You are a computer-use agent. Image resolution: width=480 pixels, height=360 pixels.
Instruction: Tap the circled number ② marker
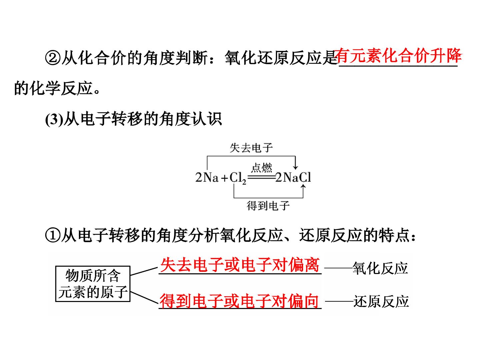[x=53, y=58]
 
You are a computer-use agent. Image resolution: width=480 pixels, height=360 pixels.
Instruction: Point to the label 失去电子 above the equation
[x=251, y=148]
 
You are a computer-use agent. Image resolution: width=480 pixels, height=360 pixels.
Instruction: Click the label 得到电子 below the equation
[x=268, y=206]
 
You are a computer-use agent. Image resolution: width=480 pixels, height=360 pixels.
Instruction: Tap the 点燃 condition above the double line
[x=262, y=168]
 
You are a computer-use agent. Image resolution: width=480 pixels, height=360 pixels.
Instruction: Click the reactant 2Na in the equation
[x=207, y=177]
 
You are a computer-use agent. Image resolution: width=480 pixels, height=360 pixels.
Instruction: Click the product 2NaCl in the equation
[x=293, y=177]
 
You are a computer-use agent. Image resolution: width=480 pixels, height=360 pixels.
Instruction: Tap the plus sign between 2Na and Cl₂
[x=224, y=178]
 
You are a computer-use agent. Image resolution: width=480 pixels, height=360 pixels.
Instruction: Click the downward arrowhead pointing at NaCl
[x=295, y=167]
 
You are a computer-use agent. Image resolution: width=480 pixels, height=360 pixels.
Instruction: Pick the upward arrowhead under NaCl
[x=303, y=187]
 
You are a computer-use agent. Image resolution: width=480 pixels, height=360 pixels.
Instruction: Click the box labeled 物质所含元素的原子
[x=93, y=284]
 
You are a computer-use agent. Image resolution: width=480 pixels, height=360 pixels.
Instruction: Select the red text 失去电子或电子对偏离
[x=240, y=265]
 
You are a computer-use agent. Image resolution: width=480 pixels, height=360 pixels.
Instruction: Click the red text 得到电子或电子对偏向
[x=239, y=301]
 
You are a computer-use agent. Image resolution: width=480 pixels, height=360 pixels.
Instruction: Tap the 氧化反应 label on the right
[x=380, y=268]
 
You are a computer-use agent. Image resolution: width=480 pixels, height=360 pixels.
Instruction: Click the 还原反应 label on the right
[x=381, y=301]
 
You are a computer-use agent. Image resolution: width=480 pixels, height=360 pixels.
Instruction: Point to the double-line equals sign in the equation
[x=262, y=177]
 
